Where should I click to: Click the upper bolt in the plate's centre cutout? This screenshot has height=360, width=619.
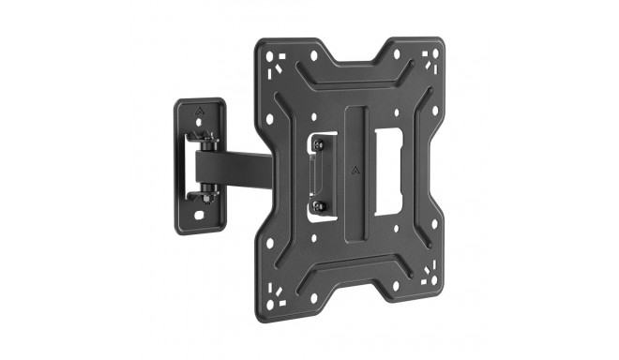coord(318,144)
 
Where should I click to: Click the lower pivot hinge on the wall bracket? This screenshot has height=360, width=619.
coord(207,194)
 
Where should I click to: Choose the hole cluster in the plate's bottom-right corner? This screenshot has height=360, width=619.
coord(432,277)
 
